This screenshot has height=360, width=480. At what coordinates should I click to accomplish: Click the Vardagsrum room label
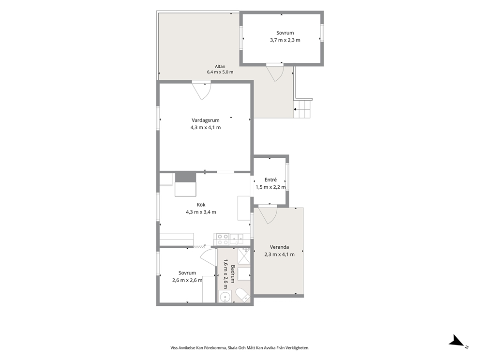[206, 120]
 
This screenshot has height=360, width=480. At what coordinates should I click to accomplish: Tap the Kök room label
[201, 205]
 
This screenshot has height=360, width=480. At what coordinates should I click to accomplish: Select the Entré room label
[270, 180]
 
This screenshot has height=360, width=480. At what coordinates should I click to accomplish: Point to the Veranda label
[279, 247]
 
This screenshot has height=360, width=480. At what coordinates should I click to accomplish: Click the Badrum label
[233, 274]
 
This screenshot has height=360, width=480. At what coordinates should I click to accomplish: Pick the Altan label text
[220, 66]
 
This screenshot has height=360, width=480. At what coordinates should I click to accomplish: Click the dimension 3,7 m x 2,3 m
[285, 40]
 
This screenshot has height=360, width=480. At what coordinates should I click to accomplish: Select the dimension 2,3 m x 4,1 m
[279, 255]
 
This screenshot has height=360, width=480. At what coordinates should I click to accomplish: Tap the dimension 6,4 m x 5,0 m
[220, 72]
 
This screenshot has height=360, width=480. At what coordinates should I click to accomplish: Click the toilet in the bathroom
[243, 295]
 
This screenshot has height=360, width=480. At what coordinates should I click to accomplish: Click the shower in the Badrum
[244, 256]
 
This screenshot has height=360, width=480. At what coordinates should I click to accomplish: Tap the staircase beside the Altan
[303, 109]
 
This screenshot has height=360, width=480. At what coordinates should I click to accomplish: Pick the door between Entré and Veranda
[268, 214]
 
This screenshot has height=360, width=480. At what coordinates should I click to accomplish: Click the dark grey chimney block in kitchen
[185, 178]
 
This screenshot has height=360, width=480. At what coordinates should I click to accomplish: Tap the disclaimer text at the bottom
[240, 348]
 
